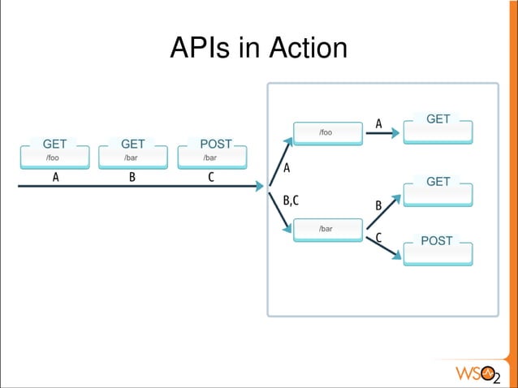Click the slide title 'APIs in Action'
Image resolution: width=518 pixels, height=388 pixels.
(258, 49)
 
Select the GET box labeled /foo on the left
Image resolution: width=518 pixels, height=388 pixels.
(54, 157)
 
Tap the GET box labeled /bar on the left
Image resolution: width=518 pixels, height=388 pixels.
(132, 157)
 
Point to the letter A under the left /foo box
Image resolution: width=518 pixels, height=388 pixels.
(55, 179)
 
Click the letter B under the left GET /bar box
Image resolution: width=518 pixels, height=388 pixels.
(131, 179)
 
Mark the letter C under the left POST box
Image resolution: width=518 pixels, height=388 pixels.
(211, 179)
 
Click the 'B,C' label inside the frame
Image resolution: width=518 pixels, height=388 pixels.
(291, 200)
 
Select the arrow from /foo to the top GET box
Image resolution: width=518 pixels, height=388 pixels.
(380, 134)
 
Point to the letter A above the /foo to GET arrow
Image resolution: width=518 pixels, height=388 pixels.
(378, 123)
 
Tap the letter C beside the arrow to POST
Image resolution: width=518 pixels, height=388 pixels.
(378, 237)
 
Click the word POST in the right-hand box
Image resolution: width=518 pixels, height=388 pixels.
(437, 241)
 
